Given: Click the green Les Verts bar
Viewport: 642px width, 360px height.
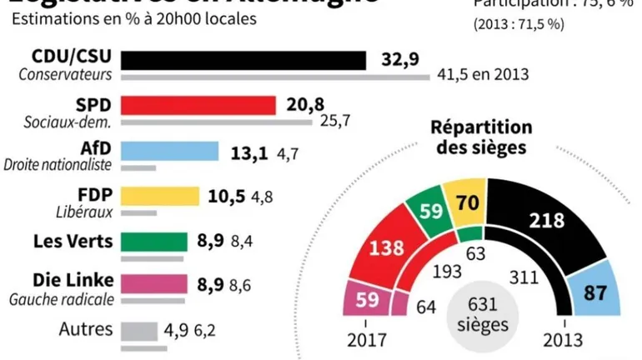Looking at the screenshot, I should pyautogui.click(x=153, y=242).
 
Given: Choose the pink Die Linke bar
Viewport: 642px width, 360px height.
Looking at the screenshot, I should pyautogui.click(x=153, y=283).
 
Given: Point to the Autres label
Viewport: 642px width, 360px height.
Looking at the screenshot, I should pyautogui.click(x=85, y=328).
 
